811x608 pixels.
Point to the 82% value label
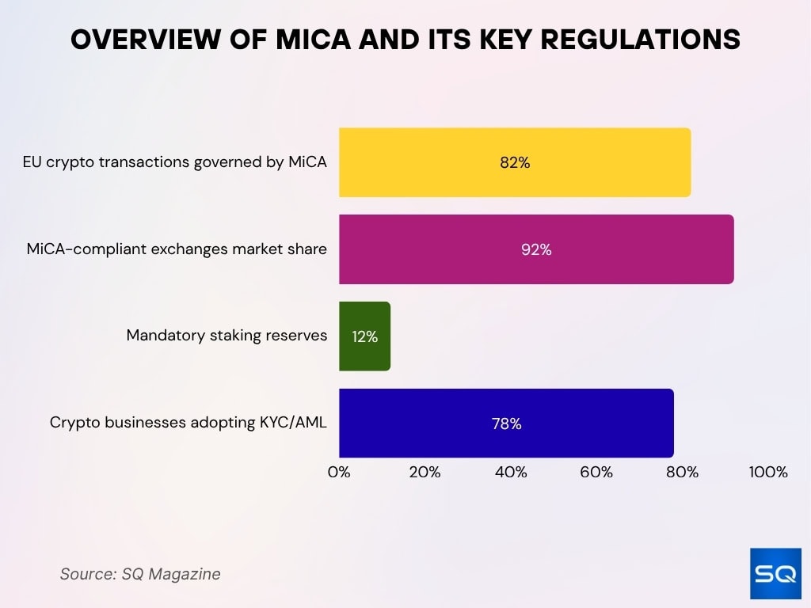(x=515, y=162)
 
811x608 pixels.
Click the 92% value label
(x=536, y=249)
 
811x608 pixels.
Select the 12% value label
(x=364, y=336)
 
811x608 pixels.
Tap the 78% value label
(x=506, y=424)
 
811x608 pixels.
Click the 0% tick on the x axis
(x=339, y=473)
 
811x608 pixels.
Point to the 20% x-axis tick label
(x=425, y=473)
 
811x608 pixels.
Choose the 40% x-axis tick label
(x=511, y=473)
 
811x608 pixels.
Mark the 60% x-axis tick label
(x=596, y=473)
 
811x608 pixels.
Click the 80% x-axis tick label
(x=682, y=473)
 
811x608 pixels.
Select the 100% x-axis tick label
(x=768, y=473)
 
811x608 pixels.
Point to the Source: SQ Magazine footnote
(x=140, y=574)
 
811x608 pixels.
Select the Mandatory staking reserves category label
(x=227, y=336)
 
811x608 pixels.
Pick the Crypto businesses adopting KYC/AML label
(x=188, y=423)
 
